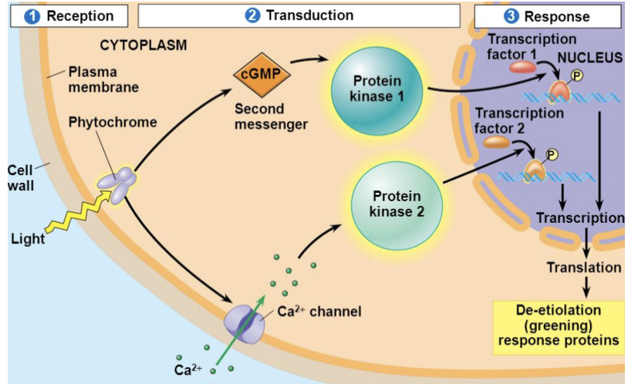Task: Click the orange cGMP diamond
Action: tap(262, 75)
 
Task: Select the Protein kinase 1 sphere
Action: tap(376, 89)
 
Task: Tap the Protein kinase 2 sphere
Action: tap(397, 205)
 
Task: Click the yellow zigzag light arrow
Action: tap(79, 211)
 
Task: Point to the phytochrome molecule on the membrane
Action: tap(117, 184)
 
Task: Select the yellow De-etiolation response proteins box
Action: tap(559, 328)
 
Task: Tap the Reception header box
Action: tap(69, 16)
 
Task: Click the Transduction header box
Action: tap(299, 16)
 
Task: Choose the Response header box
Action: tap(548, 16)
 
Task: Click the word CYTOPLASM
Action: tap(143, 45)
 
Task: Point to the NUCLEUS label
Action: tap(590, 58)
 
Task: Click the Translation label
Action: tap(584, 268)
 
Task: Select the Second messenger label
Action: tap(271, 116)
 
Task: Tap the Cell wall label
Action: tap(20, 178)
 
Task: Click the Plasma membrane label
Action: tap(103, 79)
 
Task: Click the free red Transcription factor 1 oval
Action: tap(522, 67)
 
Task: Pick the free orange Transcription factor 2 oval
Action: tap(497, 142)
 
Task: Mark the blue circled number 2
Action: tap(252, 15)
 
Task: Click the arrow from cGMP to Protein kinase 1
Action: tap(309, 59)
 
